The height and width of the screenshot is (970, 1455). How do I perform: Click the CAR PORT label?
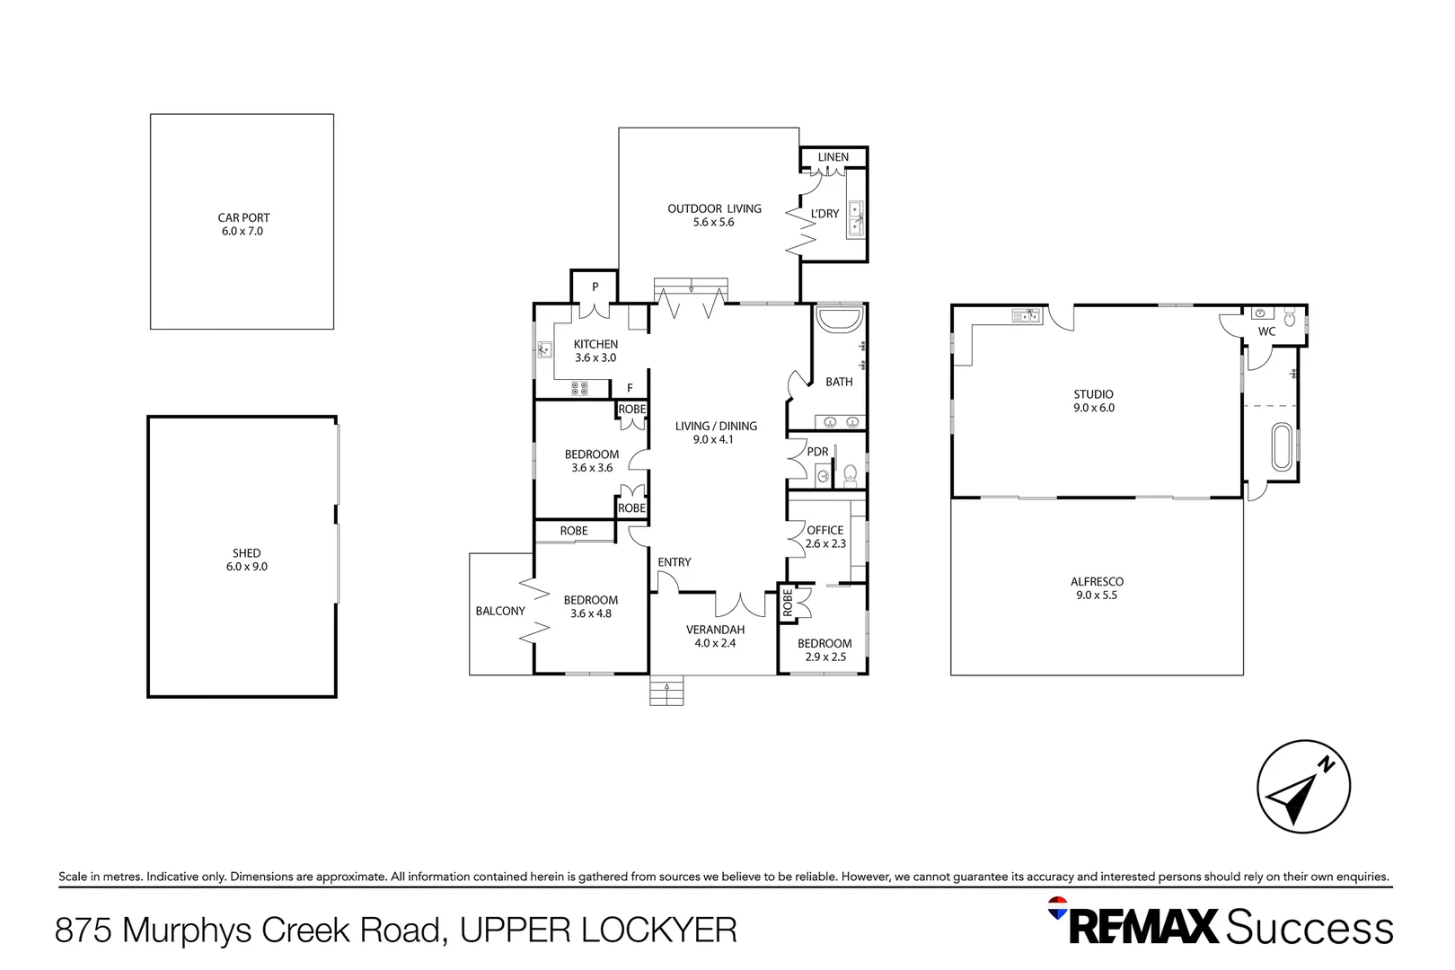pos(242,217)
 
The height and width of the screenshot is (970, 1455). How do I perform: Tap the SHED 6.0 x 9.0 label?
pos(246,560)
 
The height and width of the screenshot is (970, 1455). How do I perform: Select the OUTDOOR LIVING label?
pos(714,208)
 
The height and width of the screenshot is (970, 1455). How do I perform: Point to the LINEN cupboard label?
pos(833,157)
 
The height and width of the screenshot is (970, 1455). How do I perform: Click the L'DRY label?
pos(824,213)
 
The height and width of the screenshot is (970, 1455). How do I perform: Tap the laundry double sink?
pos(856,218)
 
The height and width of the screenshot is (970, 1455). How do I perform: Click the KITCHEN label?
pos(595,344)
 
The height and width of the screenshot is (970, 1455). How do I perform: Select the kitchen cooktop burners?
pos(579,389)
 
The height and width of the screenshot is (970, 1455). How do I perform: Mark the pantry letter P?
pos(595,287)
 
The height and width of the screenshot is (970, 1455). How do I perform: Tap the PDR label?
pos(817,452)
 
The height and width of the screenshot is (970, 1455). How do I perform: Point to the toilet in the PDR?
pos(851,475)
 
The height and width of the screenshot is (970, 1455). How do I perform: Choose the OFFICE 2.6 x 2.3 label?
pos(825,537)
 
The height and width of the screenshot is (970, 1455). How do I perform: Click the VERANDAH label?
pos(715,630)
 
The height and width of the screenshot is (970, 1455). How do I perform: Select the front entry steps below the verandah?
pos(666,690)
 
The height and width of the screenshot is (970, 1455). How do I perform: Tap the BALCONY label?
pos(500,611)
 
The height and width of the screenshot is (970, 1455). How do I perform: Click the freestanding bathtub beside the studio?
pos(1282,447)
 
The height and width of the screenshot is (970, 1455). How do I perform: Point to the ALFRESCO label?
pos(1098,582)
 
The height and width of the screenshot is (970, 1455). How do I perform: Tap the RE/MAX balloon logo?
pos(1057,908)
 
